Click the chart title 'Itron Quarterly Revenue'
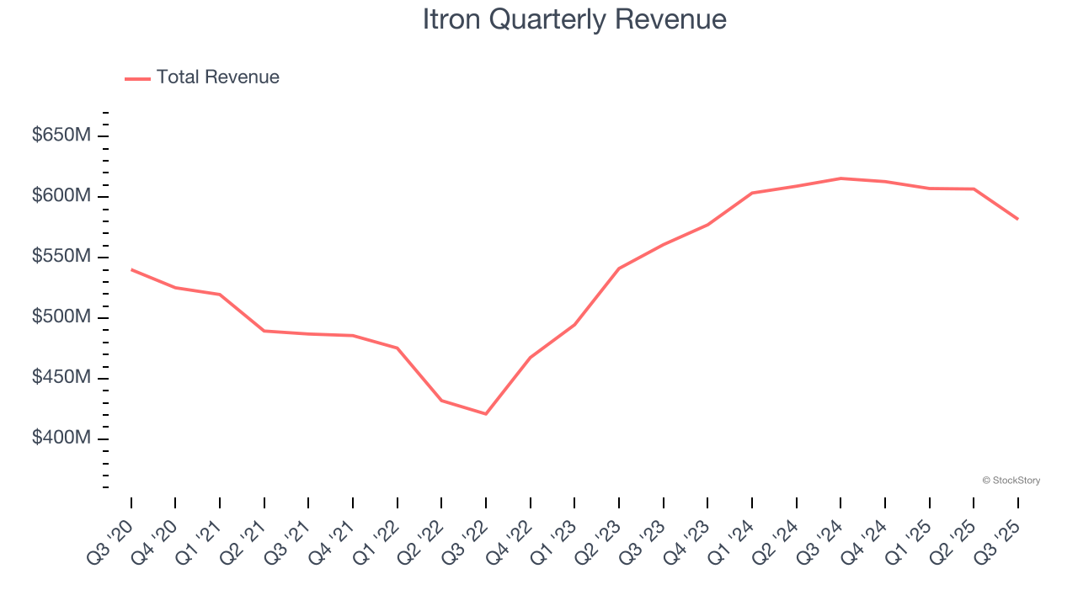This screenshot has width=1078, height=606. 574,19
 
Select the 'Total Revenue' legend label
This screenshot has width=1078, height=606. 217,77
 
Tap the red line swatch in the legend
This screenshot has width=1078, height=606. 137,78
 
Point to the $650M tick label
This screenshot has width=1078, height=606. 61,136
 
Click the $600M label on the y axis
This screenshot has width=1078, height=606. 61,196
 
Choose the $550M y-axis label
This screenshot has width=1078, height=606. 61,257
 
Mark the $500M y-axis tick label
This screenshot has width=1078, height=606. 61,317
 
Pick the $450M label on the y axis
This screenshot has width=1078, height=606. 61,378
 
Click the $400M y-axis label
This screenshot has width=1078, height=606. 61,439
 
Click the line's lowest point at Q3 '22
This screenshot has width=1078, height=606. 486,414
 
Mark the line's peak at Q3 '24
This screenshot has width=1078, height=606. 841,178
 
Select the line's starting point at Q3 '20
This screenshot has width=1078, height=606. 131,269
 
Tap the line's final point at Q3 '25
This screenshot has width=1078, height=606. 1017,219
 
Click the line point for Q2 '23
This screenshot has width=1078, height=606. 619,268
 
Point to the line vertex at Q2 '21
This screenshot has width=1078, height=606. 264,331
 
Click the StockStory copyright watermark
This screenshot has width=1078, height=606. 1011,481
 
